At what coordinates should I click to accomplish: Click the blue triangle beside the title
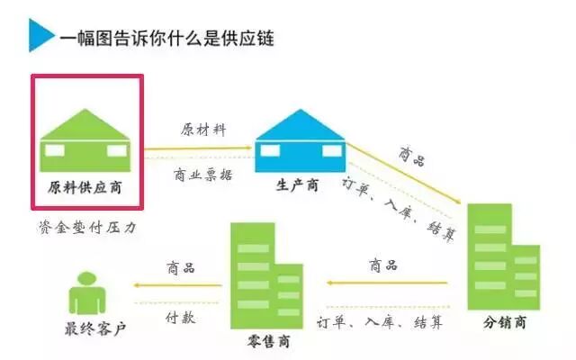pyautogui.click(x=40, y=37)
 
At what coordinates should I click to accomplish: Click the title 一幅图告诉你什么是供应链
pyautogui.click(x=166, y=38)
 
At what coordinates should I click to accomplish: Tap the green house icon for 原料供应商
pyautogui.click(x=85, y=138)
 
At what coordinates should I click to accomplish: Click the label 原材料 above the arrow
pyautogui.click(x=202, y=129)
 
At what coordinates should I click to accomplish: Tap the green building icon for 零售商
pyautogui.click(x=265, y=275)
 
